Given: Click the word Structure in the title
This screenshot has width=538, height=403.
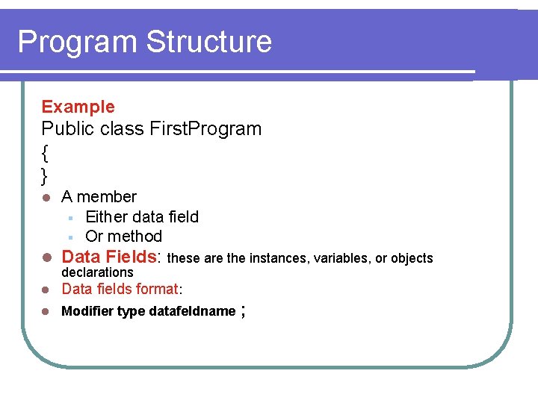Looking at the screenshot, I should (209, 42).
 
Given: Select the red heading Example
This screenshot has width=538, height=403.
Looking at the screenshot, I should (78, 107).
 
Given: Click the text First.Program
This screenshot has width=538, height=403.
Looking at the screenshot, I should (205, 128).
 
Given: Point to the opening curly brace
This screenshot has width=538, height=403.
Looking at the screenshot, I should (46, 153).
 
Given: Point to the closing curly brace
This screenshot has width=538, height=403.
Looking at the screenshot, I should (46, 176).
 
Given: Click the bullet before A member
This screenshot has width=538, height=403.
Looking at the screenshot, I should (46, 198).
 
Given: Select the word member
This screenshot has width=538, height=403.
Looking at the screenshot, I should (107, 197).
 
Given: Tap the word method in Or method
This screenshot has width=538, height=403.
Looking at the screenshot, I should (134, 237).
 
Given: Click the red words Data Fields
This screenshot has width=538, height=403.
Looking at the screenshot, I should (109, 257).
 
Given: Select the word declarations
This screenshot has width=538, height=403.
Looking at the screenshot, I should (97, 272).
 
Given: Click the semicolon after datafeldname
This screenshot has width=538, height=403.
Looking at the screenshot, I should (244, 311).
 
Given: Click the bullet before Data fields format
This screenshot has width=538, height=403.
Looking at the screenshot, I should (46, 290).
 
